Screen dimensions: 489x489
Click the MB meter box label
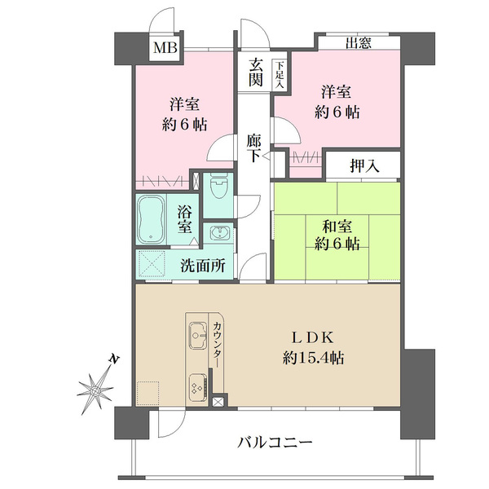pos(165,48)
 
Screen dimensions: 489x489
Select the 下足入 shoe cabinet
pos(280,75)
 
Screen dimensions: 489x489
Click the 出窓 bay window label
pos(359,42)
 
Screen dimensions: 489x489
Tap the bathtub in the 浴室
pos(151,220)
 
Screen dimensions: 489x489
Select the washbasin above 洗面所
pos(219,233)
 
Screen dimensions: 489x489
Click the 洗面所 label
pos(203,266)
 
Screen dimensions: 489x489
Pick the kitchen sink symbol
pos(198,335)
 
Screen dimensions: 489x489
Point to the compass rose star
pos(95,390)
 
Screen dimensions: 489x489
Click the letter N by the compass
pos(114,359)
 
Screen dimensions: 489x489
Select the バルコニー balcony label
pos(275,443)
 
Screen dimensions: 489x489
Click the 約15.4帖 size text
pos(313,358)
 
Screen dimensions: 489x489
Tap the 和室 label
pos(337,227)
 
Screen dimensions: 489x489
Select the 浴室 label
pos(185,219)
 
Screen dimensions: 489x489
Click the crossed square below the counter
pos(217,403)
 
